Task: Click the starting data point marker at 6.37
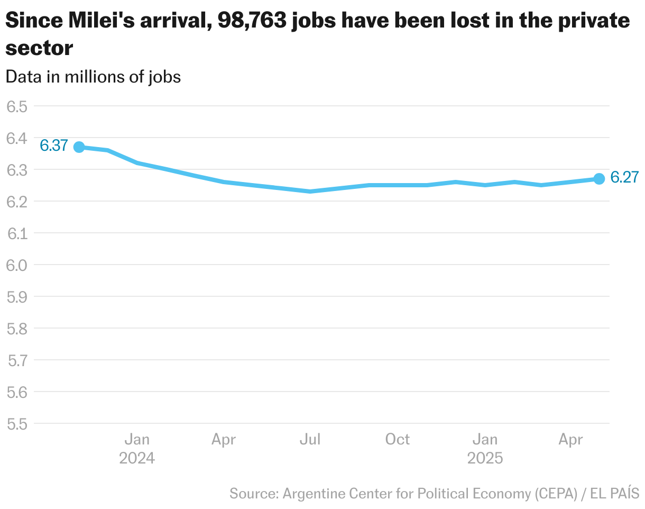point(79,147)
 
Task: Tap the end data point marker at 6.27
point(599,179)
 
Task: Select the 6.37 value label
point(54,146)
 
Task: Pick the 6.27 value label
point(624,178)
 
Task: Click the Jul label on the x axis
point(310,440)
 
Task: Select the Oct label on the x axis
point(397,440)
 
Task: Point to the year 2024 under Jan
point(137,458)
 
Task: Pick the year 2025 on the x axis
point(485,458)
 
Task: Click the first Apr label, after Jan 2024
point(223,440)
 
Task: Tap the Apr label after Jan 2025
point(571,440)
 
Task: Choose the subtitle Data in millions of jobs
point(93,77)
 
